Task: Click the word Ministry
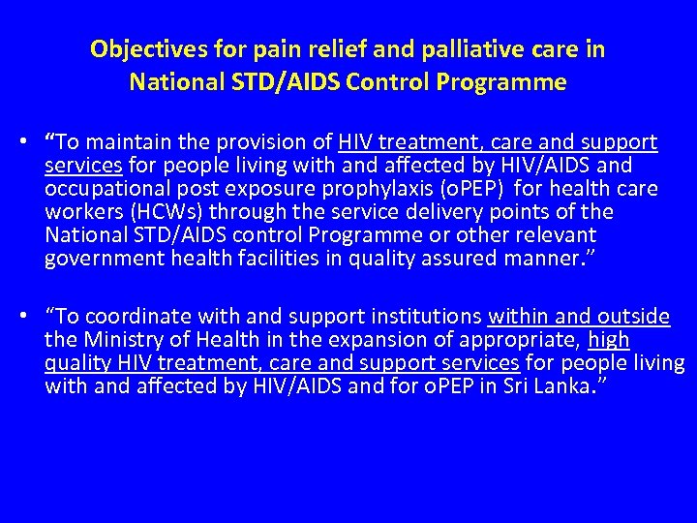(116, 340)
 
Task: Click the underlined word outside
(634, 317)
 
